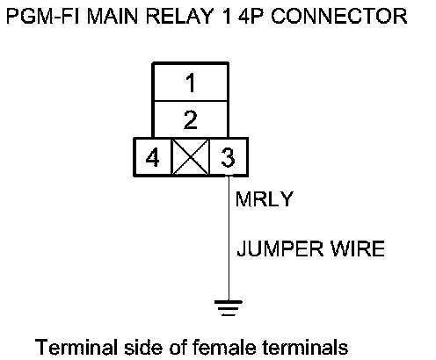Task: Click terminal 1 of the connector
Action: point(191,83)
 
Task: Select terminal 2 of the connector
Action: point(191,119)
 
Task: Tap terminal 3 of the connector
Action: point(229,157)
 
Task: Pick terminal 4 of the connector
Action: point(152,157)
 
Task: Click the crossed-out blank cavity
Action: point(191,157)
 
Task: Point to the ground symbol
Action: point(229,308)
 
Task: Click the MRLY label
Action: point(265,199)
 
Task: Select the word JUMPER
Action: point(280,248)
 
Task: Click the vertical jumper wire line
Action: point(229,238)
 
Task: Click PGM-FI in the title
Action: point(43,16)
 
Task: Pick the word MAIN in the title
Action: point(113,16)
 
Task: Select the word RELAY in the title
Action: point(179,16)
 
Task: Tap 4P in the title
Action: point(251,16)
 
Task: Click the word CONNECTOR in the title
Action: point(339,16)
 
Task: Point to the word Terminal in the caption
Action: point(76,347)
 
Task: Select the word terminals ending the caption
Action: point(305,347)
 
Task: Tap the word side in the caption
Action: point(143,347)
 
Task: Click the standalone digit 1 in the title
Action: point(227,16)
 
